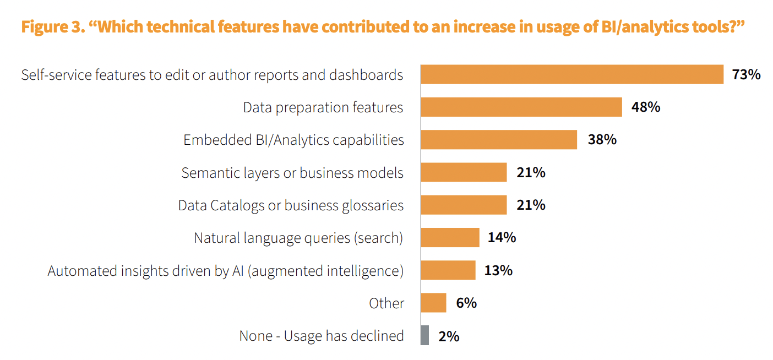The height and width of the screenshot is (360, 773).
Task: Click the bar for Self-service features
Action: point(572,74)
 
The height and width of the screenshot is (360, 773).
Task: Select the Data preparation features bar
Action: point(521,107)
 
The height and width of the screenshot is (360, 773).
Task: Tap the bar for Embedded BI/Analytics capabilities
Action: point(499,139)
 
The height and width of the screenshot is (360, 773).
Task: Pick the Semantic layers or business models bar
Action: point(464,172)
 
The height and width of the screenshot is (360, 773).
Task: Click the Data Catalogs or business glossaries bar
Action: point(464,205)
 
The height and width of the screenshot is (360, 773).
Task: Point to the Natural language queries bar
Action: point(450,237)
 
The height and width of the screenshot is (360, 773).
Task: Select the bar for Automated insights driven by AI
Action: point(448,270)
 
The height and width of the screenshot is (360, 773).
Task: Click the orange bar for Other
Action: point(434,303)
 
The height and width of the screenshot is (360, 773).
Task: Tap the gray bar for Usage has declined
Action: point(424,335)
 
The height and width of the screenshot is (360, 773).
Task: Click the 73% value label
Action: point(746,74)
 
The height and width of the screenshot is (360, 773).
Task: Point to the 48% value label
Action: point(646,107)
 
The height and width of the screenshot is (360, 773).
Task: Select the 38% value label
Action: point(602,139)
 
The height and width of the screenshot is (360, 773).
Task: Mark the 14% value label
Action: point(502,237)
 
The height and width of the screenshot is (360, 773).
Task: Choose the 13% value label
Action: point(498,270)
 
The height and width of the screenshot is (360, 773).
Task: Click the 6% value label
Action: point(466,303)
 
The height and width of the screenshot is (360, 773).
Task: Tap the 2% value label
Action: point(449,336)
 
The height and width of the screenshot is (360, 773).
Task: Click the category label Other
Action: point(386,303)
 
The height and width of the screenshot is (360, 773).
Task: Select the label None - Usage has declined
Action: point(322,336)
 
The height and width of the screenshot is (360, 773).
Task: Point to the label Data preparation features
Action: point(323,107)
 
